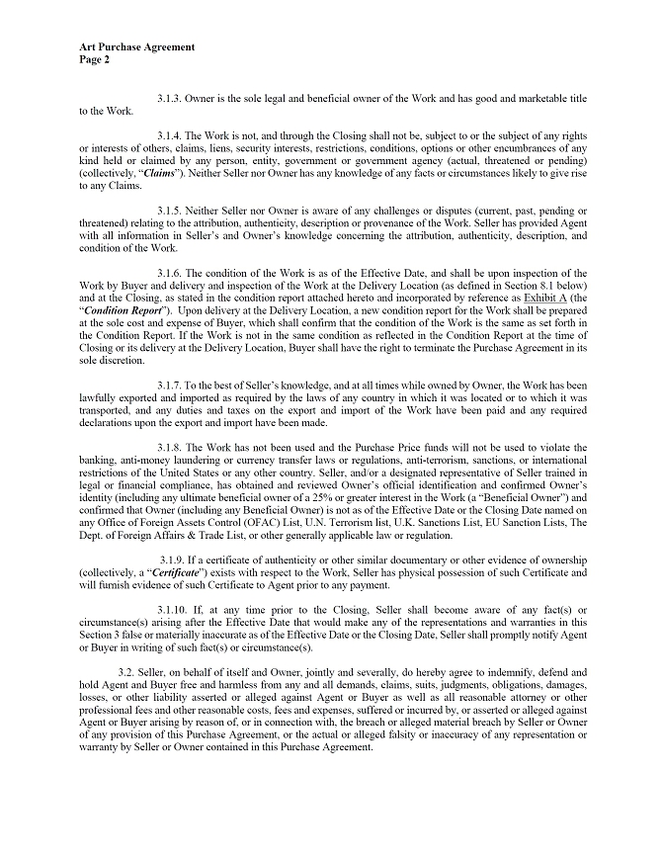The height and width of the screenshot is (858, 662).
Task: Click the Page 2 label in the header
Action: click(95, 58)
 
